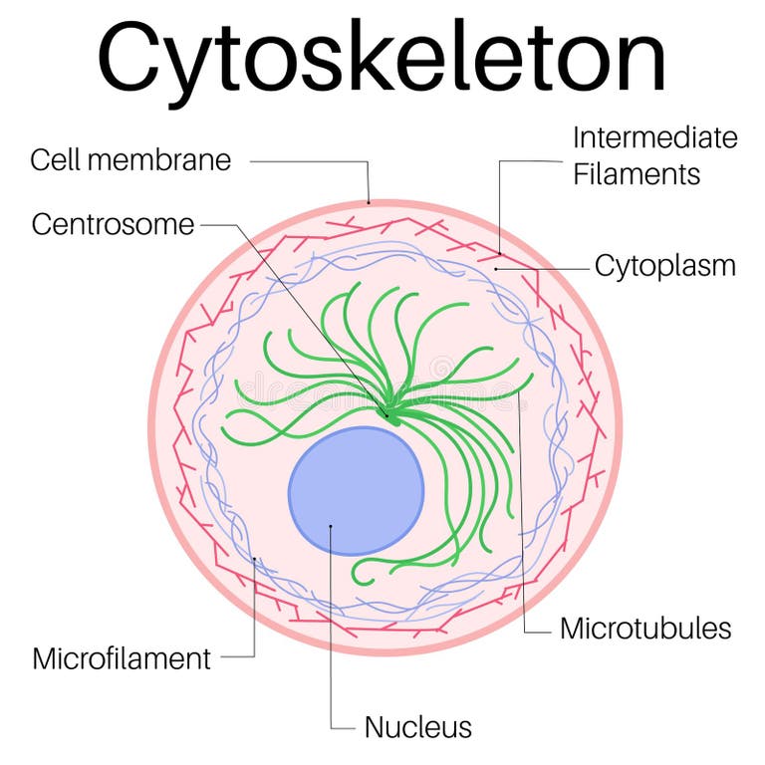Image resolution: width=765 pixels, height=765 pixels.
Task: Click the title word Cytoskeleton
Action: coord(382,58)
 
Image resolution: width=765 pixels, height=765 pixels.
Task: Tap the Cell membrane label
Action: coord(129,159)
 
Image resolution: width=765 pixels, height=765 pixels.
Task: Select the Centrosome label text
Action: coord(113,224)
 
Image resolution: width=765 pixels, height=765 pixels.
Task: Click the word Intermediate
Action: coord(654,137)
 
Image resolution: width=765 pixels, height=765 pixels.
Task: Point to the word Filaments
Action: coord(636,174)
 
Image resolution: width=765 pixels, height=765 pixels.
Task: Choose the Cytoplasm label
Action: coord(664,266)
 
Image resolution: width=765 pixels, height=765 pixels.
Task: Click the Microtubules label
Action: coord(645,629)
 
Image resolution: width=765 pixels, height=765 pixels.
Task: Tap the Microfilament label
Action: coord(122,658)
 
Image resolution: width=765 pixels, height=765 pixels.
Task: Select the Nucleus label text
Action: coord(417,727)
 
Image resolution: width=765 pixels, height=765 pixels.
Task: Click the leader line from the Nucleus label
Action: coord(330,637)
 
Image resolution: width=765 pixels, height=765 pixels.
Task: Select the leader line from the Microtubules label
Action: coord(522,518)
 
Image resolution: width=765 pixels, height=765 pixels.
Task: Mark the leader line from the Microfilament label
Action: coord(255,618)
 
